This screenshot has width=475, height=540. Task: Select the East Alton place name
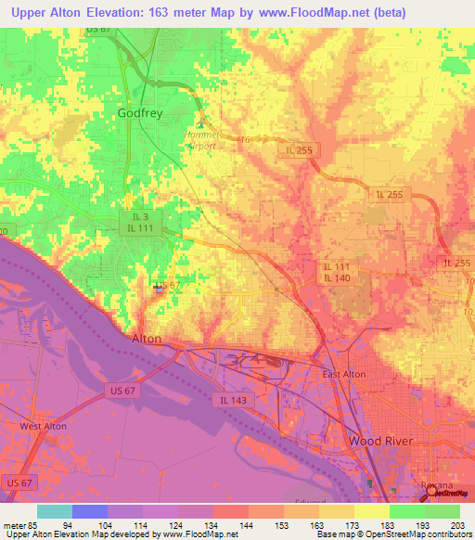343,374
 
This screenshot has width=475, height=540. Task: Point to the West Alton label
44,426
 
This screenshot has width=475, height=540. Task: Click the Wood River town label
379,440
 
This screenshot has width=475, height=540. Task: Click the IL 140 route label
336,278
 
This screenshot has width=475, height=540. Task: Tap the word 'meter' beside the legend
14,525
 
